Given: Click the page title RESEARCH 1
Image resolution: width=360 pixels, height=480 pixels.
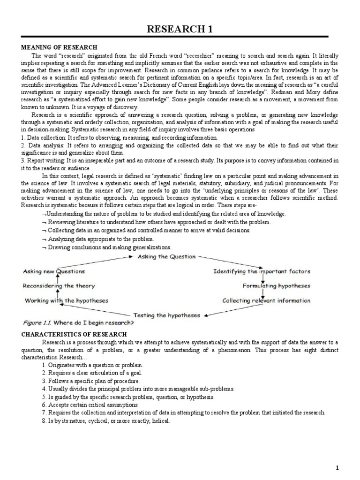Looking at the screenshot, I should (x=180, y=30).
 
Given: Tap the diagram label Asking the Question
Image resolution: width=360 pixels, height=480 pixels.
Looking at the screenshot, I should (x=166, y=257).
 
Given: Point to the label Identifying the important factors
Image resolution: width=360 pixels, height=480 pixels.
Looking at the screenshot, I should (x=262, y=271).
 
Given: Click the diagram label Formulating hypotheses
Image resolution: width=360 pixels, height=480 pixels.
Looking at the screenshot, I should (x=276, y=285).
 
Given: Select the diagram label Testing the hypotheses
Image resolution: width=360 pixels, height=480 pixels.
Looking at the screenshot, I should (x=166, y=315).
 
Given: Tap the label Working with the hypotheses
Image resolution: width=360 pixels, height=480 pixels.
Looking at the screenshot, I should (x=66, y=300).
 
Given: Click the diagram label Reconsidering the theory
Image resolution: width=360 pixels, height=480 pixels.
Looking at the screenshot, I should (x=59, y=285).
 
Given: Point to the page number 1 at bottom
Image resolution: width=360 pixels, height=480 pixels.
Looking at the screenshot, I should (x=350, y=467).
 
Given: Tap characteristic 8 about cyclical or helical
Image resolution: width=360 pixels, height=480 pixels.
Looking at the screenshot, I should (x=106, y=421).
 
